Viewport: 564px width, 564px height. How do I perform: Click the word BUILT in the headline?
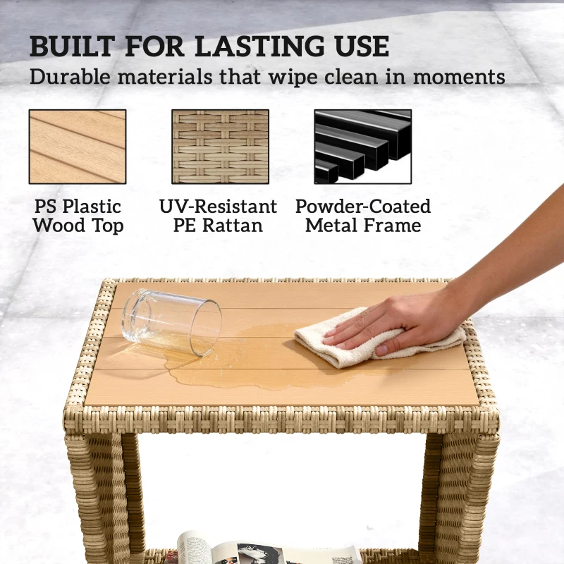pyautogui.click(x=73, y=47)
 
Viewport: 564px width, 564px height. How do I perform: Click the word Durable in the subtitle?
pyautogui.click(x=70, y=76)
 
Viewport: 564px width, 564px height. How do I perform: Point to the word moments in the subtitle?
pyautogui.click(x=459, y=77)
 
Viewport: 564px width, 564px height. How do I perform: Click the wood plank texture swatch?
pyautogui.click(x=78, y=147)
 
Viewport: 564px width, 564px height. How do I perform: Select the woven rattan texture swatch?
pyautogui.click(x=220, y=147)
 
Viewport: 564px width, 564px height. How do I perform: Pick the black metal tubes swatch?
pyautogui.click(x=363, y=147)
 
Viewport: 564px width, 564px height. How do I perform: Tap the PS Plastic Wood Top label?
pyautogui.click(x=78, y=216)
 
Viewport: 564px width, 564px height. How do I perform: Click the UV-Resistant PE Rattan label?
pyautogui.click(x=218, y=216)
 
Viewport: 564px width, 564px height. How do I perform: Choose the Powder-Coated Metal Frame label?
pyautogui.click(x=363, y=216)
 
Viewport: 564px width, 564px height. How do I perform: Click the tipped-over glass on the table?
pyautogui.click(x=171, y=322)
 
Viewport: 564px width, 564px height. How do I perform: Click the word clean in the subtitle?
pyautogui.click(x=351, y=76)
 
